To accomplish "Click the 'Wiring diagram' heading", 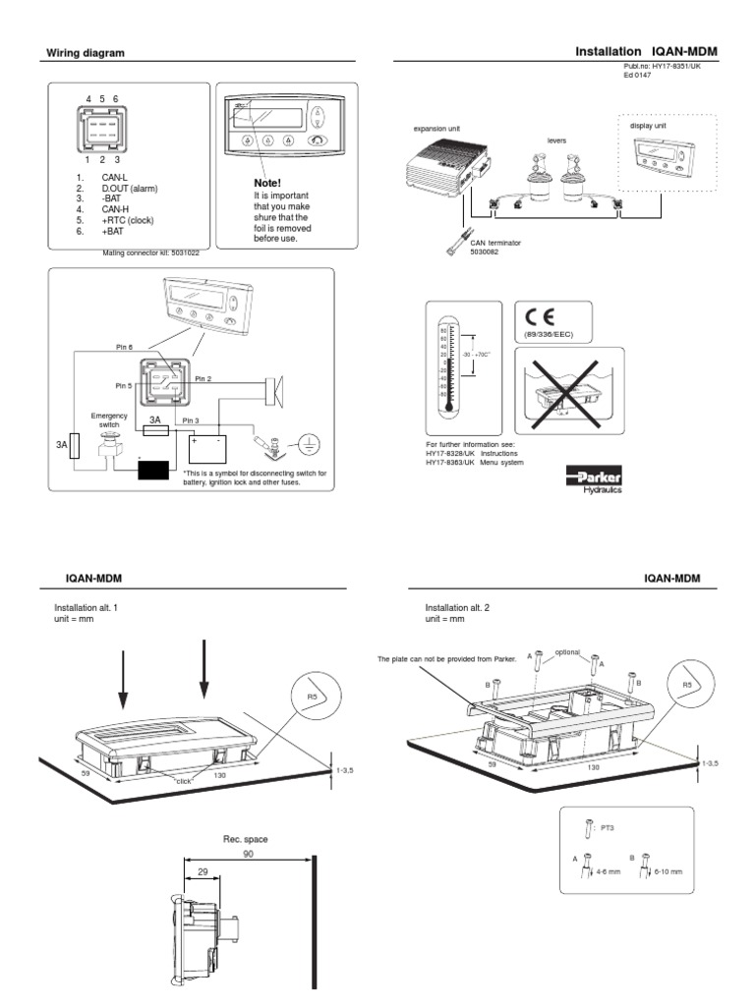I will click(x=87, y=53).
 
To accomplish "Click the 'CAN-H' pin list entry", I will click(x=101, y=209).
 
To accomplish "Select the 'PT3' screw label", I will click(x=607, y=827).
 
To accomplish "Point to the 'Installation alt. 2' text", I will click(x=456, y=608).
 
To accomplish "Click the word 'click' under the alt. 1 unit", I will click(x=182, y=780).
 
